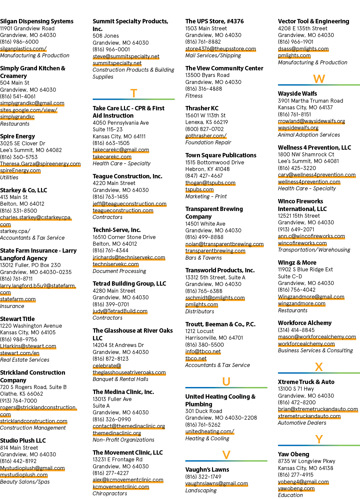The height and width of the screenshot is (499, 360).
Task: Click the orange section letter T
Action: click(134, 93)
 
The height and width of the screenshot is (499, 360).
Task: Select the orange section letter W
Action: click(319, 79)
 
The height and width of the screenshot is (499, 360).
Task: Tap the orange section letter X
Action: click(319, 367)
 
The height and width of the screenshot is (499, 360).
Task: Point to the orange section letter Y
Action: click(319, 439)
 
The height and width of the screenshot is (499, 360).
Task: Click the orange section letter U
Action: click(226, 382)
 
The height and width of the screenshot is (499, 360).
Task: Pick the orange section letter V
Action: click(226, 455)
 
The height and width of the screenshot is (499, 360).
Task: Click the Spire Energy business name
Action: click(18, 136)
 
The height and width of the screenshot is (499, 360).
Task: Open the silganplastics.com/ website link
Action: click(23, 49)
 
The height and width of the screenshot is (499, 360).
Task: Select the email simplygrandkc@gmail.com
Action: click(32, 103)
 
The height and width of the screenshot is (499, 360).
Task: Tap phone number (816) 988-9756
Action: click(19, 339)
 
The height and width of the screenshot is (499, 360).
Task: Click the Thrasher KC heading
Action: click(202, 108)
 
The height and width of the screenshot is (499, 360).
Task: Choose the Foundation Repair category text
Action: click(208, 142)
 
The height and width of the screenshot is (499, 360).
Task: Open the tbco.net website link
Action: click(196, 358)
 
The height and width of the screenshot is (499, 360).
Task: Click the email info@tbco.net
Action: click(203, 352)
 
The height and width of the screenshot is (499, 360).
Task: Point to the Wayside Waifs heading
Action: click(297, 94)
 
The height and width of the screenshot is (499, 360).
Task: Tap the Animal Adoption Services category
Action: click(309, 135)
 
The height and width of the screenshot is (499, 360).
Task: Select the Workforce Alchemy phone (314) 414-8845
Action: click(296, 330)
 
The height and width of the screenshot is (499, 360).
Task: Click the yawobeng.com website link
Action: click(296, 489)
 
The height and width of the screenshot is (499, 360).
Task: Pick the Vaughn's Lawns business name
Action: click(207, 470)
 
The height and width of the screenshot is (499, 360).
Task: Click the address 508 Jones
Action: click(106, 36)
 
